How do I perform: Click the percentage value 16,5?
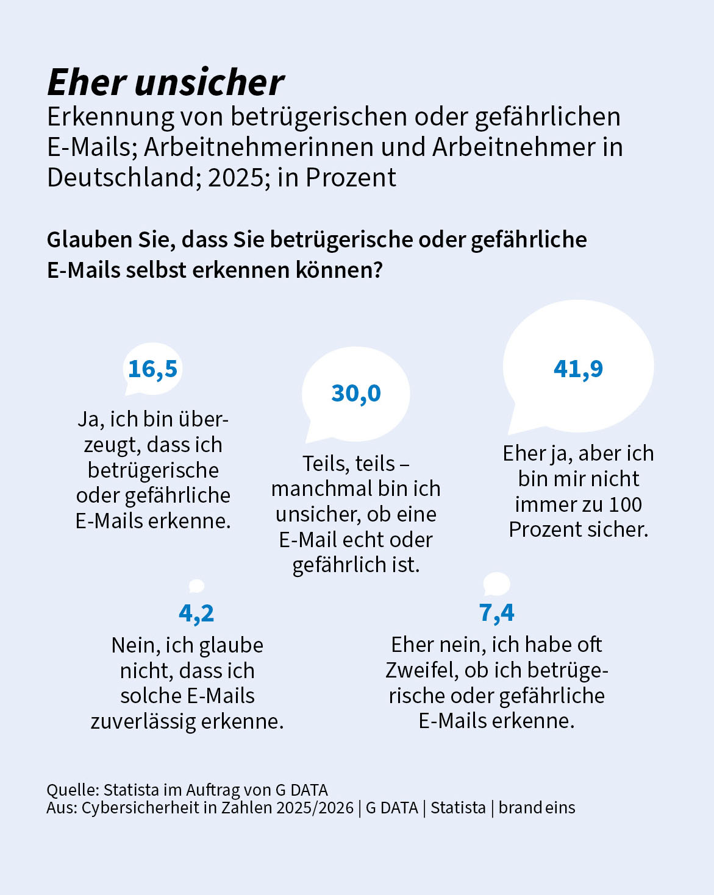point(152,369)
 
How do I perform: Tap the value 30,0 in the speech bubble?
point(356,394)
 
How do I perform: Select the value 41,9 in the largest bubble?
point(578,369)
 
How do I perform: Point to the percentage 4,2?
point(196,613)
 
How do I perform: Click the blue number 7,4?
point(496,612)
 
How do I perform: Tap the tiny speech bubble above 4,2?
point(196,586)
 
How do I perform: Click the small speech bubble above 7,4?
point(496,584)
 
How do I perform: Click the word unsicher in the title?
point(209,82)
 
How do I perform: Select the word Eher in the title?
point(87,82)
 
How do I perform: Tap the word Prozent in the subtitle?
point(351,178)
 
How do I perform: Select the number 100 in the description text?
point(625,504)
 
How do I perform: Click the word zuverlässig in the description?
point(143,721)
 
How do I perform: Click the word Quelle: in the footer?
point(73,790)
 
